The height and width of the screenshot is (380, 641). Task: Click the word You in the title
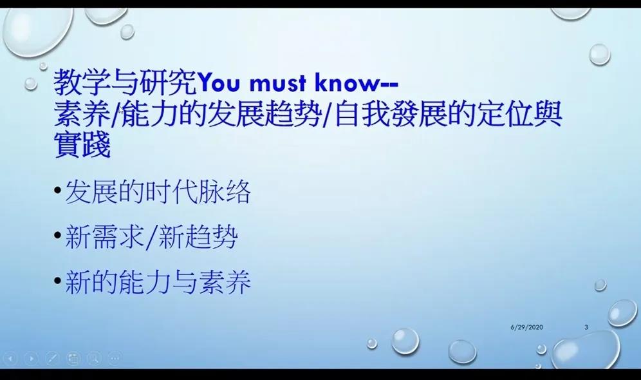coord(219,82)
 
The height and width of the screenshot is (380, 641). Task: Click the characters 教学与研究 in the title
coord(125,82)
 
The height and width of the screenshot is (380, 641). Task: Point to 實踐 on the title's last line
coord(82,144)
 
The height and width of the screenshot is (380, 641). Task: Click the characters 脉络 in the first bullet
coord(225,192)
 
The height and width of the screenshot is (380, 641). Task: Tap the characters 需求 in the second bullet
coord(118,237)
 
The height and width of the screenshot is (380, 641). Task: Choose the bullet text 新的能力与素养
coord(158,282)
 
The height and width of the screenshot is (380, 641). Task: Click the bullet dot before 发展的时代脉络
coord(58,190)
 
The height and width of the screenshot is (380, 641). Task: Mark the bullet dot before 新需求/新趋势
coord(58,235)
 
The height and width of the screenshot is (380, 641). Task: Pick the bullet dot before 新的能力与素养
coord(58,281)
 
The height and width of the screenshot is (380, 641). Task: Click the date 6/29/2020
coord(526,327)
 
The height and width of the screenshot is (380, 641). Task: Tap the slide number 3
coord(586,327)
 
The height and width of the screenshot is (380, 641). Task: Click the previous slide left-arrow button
coord(10,359)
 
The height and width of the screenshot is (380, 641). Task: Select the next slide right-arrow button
coord(31,359)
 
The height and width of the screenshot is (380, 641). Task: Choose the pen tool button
coord(52,359)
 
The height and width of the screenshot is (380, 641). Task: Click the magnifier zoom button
coord(93,359)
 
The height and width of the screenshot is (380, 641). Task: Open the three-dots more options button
coord(115,359)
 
